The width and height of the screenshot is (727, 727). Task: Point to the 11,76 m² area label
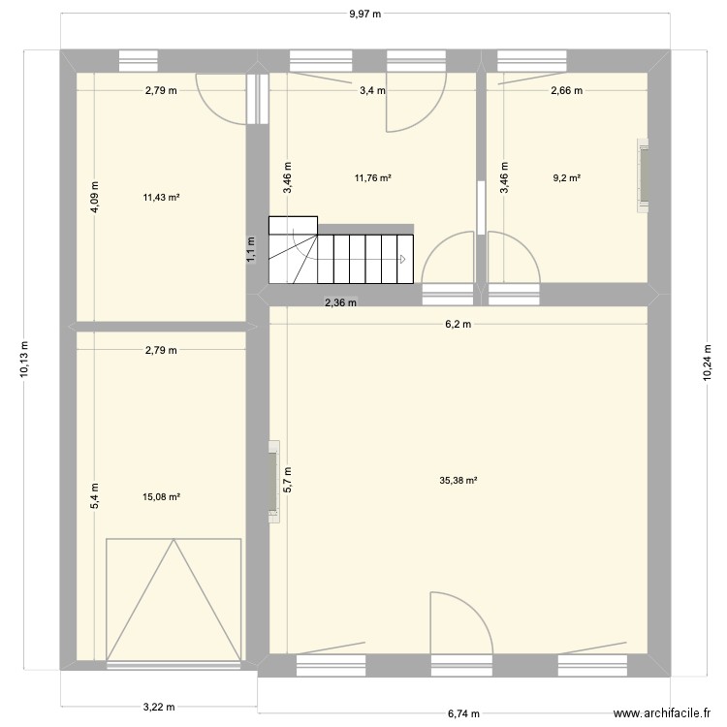click(x=372, y=178)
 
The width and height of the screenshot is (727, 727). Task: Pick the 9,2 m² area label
click(x=566, y=178)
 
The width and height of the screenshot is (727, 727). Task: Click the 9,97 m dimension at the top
click(x=364, y=14)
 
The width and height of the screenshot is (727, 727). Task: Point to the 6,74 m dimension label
click(x=464, y=713)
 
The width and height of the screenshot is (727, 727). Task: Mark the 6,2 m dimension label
click(x=458, y=325)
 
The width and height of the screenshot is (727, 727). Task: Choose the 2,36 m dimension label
click(x=340, y=302)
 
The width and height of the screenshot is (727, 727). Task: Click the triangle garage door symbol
click(x=174, y=601)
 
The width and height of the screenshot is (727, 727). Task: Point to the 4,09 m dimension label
click(x=94, y=197)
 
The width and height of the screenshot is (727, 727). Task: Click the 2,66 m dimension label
click(x=566, y=91)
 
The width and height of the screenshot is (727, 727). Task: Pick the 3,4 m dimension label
click(x=372, y=91)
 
